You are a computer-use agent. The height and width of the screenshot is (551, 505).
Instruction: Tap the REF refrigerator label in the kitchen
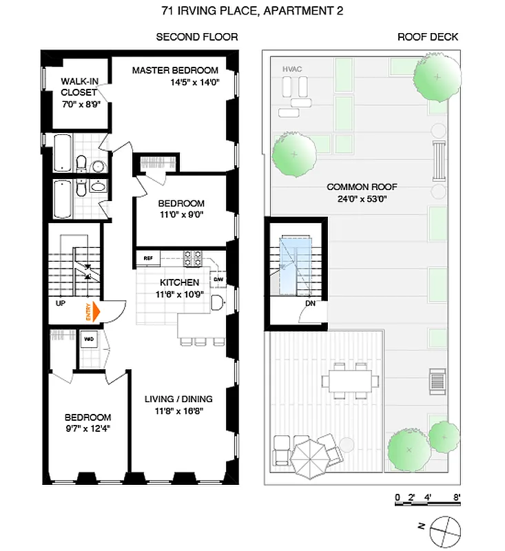pos(147,258)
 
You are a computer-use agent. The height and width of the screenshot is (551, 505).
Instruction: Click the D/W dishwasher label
pos(217,280)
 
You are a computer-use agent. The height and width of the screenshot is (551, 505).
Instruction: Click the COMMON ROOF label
pos(362,187)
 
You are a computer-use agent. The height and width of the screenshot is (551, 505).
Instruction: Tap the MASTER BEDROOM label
pos(175,70)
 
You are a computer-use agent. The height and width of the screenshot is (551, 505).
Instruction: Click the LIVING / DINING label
pos(178,399)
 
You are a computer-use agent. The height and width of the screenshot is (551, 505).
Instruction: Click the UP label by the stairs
pos(61,302)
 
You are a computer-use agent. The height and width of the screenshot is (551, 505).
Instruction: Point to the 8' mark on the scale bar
pos(456,497)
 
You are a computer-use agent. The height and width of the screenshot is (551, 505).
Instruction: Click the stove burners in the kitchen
pos(193,258)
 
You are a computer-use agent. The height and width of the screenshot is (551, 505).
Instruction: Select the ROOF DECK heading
pos(428,37)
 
